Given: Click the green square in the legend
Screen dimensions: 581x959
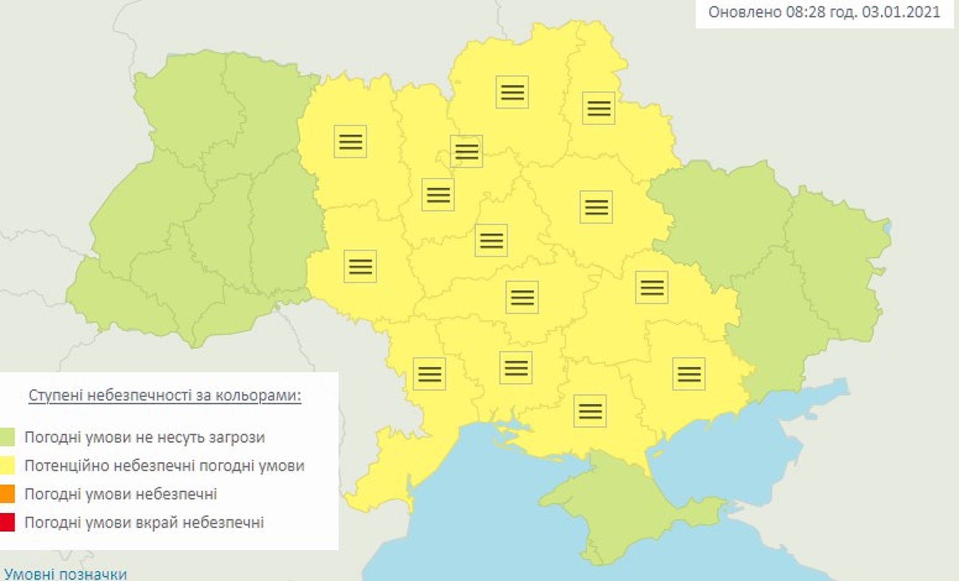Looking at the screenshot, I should click(x=7, y=437).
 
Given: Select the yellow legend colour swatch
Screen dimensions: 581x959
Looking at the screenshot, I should click(x=7, y=465).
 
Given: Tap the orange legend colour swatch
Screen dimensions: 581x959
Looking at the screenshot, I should click(x=7, y=494).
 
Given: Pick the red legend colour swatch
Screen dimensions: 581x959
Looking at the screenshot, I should click(x=7, y=522).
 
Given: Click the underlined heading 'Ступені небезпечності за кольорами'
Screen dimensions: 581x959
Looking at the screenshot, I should click(x=164, y=395).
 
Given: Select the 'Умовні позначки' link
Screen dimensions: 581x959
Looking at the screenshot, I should click(x=65, y=574).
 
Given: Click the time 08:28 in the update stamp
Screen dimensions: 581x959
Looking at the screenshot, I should click(x=805, y=12).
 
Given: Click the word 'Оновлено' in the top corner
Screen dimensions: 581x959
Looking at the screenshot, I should click(x=745, y=12).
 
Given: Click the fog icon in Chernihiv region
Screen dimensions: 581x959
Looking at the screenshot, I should click(x=512, y=92).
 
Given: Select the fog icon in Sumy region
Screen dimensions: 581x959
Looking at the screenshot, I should click(x=599, y=108).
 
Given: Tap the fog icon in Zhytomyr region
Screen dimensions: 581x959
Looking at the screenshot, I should click(x=350, y=141).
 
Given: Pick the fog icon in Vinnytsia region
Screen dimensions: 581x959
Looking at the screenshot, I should click(x=360, y=266).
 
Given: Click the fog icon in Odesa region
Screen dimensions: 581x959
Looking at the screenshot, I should click(x=429, y=374).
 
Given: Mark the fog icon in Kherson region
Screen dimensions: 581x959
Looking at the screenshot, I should click(x=590, y=411).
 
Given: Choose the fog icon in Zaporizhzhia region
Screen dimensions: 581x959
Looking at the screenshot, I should click(x=689, y=374).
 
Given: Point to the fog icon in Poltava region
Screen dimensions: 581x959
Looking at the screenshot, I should click(x=596, y=206).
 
